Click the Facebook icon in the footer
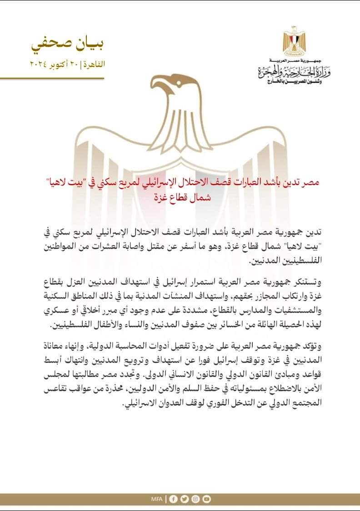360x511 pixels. tap(173, 499)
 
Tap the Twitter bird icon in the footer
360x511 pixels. tap(184, 499)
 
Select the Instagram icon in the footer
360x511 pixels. tap(195, 499)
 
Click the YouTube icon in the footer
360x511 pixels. tap(207, 499)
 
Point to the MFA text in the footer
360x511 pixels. tap(157, 499)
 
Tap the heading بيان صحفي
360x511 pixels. tap(68, 44)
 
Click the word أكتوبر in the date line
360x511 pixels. tap(64, 64)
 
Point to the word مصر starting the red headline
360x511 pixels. tap(312, 182)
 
